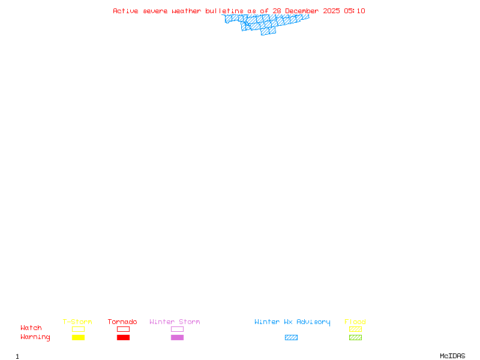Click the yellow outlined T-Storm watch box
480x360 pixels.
pyautogui.click(x=78, y=329)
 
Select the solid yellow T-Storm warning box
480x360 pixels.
pyautogui.click(x=78, y=337)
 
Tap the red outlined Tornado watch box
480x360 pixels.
pyautogui.click(x=123, y=329)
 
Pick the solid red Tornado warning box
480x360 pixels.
pyautogui.click(x=123, y=337)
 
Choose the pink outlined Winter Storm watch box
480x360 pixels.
pyautogui.click(x=177, y=329)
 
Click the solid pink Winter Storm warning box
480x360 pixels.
pyautogui.click(x=177, y=337)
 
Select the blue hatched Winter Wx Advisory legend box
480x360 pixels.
pyautogui.click(x=291, y=337)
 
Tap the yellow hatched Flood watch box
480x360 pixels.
pyautogui.click(x=355, y=329)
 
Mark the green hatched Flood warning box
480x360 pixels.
pyautogui.click(x=355, y=337)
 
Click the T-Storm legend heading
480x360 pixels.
pyautogui.click(x=77, y=322)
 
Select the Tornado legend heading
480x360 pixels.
pyautogui.click(x=122, y=322)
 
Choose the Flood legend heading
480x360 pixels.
pyautogui.click(x=355, y=322)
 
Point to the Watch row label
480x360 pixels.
pyautogui.click(x=31, y=328)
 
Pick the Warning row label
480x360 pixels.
pyautogui.click(x=35, y=337)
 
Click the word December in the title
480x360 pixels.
pyautogui.click(x=302, y=11)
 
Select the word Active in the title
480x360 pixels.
pyautogui.click(x=126, y=11)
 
